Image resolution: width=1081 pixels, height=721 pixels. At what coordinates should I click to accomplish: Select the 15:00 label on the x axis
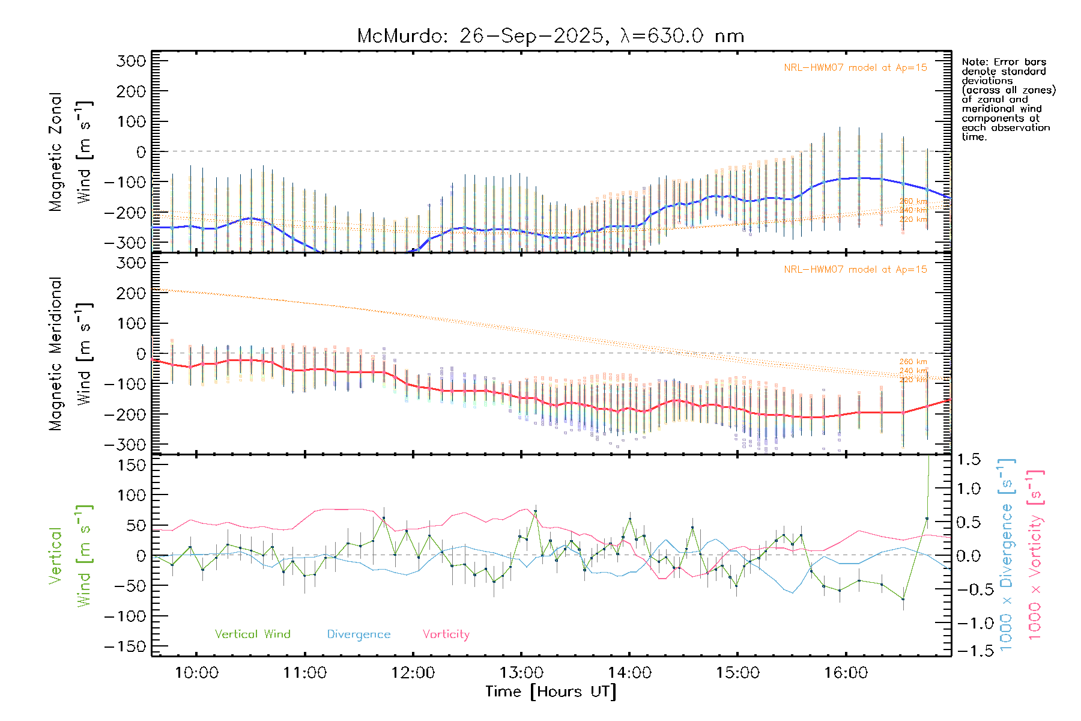click(x=737, y=673)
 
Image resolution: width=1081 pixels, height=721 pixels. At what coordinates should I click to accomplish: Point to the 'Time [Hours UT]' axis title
click(x=551, y=692)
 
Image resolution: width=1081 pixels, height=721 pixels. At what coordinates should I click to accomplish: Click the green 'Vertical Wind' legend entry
click(x=252, y=634)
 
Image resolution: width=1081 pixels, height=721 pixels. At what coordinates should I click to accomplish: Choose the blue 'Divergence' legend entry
click(x=359, y=634)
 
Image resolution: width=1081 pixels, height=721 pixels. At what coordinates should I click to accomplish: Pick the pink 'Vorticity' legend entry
click(x=446, y=634)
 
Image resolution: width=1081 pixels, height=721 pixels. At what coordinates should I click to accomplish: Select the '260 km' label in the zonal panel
click(x=913, y=201)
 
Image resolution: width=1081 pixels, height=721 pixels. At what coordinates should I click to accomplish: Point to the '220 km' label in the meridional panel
click(x=913, y=380)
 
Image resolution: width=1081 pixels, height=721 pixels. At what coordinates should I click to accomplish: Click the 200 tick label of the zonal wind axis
click(x=131, y=91)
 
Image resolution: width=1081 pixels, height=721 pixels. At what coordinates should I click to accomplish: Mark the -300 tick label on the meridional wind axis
click(x=125, y=445)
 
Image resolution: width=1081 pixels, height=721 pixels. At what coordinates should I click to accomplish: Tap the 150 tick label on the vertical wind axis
click(x=131, y=465)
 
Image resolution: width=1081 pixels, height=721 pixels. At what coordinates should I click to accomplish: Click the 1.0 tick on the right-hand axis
click(x=969, y=488)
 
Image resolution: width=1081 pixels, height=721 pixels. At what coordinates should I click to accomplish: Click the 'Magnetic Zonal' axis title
click(x=55, y=151)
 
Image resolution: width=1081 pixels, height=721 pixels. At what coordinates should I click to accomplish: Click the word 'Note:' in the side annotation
click(x=975, y=62)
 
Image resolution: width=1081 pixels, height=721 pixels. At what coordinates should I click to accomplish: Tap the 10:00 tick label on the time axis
click(x=196, y=673)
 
